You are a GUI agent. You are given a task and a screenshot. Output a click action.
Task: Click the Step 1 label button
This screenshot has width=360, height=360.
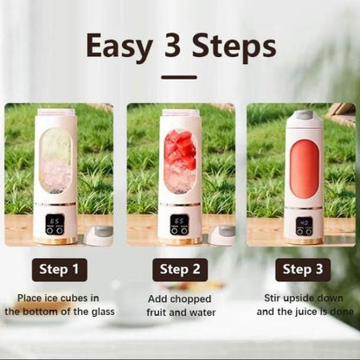(59, 269)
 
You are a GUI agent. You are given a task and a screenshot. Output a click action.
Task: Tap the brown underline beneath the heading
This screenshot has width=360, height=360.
(179, 76)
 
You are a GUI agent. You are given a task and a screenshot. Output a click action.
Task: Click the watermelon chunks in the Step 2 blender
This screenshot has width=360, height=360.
(180, 149)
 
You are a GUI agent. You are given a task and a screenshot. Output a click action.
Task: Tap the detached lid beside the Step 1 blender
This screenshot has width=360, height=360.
(99, 235)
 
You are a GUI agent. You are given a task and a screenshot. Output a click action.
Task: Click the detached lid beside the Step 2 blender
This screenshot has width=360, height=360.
(222, 235)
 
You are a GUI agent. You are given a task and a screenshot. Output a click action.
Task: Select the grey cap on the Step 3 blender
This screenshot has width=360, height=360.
(304, 116)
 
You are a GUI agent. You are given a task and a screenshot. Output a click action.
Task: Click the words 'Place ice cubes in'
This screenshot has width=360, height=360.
(59, 298)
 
